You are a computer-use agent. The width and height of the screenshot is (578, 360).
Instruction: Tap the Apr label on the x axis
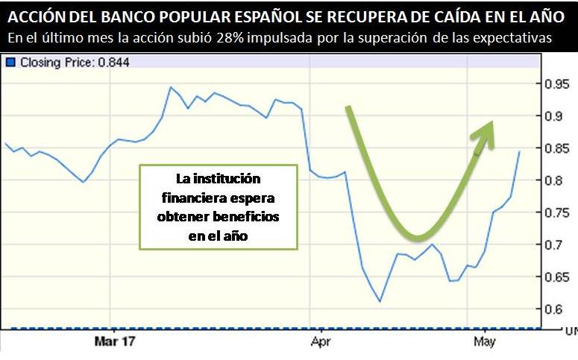(320, 342)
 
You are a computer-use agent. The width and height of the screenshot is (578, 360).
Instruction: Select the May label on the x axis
(485, 342)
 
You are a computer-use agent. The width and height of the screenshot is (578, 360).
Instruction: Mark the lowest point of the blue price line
(380, 302)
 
